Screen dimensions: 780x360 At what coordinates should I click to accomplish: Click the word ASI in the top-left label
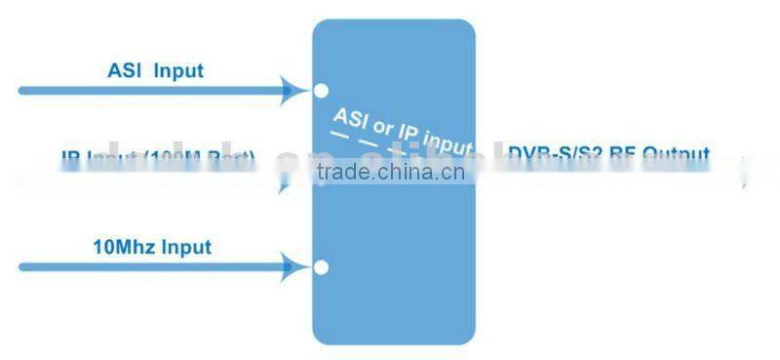click(x=124, y=70)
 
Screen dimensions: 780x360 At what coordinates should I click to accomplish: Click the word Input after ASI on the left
click(x=178, y=70)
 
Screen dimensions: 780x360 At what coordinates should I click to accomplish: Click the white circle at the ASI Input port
click(x=321, y=92)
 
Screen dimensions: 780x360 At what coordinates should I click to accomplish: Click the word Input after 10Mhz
click(x=186, y=246)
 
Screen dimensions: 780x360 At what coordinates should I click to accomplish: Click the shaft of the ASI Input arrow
click(x=146, y=91)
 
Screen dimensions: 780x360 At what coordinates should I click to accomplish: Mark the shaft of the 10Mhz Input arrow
click(x=146, y=265)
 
